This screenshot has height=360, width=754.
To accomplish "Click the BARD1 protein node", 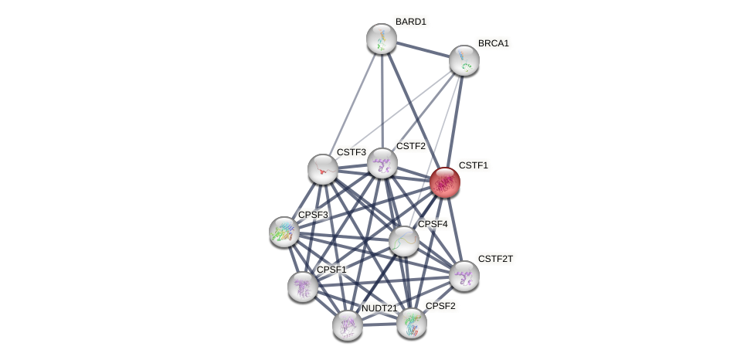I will (381, 39).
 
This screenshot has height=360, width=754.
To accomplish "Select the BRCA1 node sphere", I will (464, 60).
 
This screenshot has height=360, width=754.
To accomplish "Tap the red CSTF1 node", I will (444, 182).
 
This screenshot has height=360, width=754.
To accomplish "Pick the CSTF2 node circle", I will (382, 163).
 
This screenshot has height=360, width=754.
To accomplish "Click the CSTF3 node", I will (322, 169).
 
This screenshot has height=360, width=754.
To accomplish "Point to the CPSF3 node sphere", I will (284, 231).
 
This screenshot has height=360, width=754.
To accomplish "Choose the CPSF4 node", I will (403, 241).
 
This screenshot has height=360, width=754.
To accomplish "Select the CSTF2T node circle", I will (464, 275).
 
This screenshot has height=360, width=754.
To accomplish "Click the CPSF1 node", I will (302, 286).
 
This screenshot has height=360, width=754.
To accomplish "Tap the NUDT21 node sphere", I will (347, 325).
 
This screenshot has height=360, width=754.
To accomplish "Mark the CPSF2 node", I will (411, 323).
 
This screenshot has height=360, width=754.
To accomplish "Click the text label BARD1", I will (410, 22).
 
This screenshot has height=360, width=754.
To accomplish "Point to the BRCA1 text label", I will (493, 43).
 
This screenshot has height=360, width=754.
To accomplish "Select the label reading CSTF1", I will (473, 165).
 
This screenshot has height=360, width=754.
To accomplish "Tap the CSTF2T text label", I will (494, 259).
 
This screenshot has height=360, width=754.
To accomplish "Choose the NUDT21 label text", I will (379, 308).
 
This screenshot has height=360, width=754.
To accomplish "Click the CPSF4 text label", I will (433, 224).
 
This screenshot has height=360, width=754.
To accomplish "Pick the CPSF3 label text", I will (313, 215).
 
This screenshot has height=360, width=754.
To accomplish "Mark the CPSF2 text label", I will (440, 306).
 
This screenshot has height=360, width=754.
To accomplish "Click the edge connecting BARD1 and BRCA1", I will (423, 49).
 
